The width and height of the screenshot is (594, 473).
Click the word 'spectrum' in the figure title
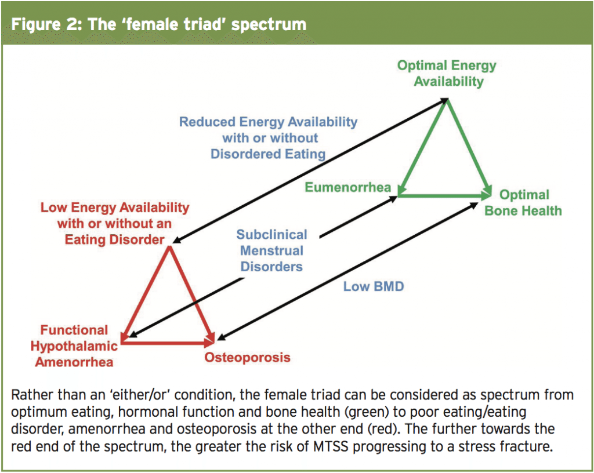coord(268,25)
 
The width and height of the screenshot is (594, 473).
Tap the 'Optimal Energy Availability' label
coord(447,74)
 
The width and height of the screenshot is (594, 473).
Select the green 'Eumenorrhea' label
coord(348,187)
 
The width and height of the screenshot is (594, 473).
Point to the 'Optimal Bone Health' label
coord(523,203)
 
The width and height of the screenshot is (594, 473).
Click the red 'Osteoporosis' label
coord(247,357)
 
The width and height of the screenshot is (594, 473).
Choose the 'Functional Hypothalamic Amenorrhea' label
coord(74,346)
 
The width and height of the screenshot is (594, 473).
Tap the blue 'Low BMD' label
coord(374,286)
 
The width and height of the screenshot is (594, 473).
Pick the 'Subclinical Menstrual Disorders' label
coord(271,250)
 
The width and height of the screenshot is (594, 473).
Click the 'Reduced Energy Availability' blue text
coord(268,122)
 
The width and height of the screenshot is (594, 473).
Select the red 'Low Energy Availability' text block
coord(115,224)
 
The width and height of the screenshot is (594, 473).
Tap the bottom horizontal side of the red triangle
coord(168,343)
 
